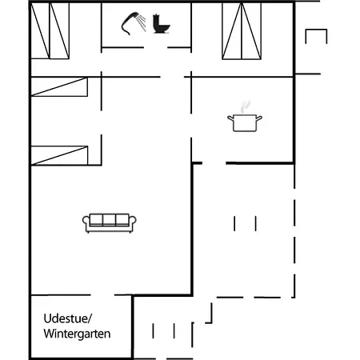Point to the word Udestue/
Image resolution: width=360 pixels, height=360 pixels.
(x=68, y=318)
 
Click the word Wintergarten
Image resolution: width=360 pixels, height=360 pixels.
(x=77, y=334)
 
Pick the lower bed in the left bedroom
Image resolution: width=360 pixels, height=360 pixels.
(x=59, y=154)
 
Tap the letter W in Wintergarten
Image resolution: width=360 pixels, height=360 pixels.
(x=49, y=334)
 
